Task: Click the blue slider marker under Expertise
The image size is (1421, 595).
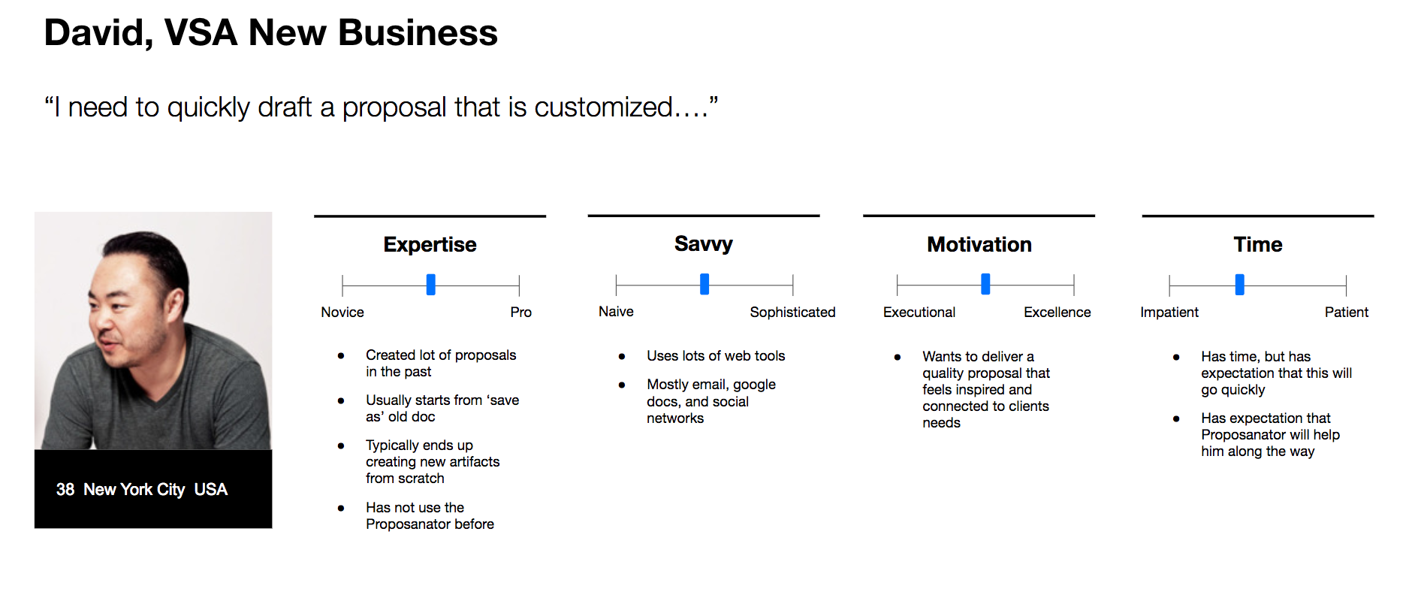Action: coord(430,285)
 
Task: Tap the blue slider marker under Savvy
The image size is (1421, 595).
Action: coord(704,284)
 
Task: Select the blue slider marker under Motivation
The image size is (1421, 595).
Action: coord(985,284)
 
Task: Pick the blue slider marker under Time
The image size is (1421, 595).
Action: coord(1239,285)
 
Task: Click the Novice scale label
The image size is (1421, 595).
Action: coord(342,313)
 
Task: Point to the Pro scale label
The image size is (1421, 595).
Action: coord(520,313)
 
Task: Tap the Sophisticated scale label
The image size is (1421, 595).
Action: coord(792,313)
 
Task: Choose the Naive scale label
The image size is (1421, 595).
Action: coord(616,312)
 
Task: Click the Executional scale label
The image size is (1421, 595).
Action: coord(919,313)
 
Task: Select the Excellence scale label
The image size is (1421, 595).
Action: coord(1057,313)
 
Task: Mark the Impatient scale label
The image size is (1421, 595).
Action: coord(1169,313)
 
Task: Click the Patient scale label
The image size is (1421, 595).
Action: coord(1346,313)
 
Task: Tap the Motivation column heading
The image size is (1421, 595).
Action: coord(979,244)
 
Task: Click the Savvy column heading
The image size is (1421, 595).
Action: coord(704,244)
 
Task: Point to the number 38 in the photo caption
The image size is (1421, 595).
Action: coord(65,490)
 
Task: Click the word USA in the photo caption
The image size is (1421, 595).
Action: coord(210,490)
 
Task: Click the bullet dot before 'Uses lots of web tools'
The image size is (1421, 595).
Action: coord(622,356)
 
